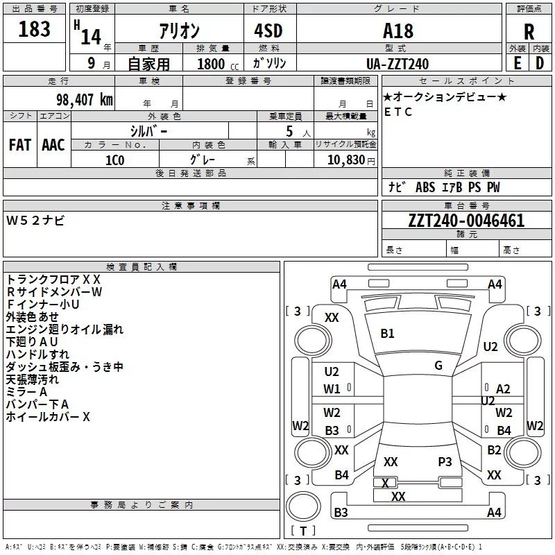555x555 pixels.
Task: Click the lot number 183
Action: tap(34, 29)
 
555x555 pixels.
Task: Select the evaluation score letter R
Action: tap(529, 32)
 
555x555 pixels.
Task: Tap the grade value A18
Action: tap(398, 31)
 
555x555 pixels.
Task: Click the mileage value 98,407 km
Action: tap(84, 100)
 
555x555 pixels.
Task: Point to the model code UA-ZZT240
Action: tap(398, 64)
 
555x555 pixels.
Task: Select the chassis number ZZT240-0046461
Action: tap(466, 221)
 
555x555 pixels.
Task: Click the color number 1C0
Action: tap(114, 160)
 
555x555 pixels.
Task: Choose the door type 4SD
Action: tap(268, 31)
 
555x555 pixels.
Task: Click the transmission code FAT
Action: tap(20, 145)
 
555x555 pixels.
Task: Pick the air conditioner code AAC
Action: tap(53, 145)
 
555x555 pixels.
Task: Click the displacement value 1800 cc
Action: tap(218, 64)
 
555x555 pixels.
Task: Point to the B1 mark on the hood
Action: tap(387, 334)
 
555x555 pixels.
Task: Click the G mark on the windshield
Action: tap(438, 366)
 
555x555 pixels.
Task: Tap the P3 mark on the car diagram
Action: tap(445, 461)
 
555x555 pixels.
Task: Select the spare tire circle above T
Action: tap(303, 506)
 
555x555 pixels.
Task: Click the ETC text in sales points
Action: tap(398, 112)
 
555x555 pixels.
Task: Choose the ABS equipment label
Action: tap(425, 187)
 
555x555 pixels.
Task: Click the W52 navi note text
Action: tap(35, 221)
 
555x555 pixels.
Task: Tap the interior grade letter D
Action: tap(540, 63)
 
